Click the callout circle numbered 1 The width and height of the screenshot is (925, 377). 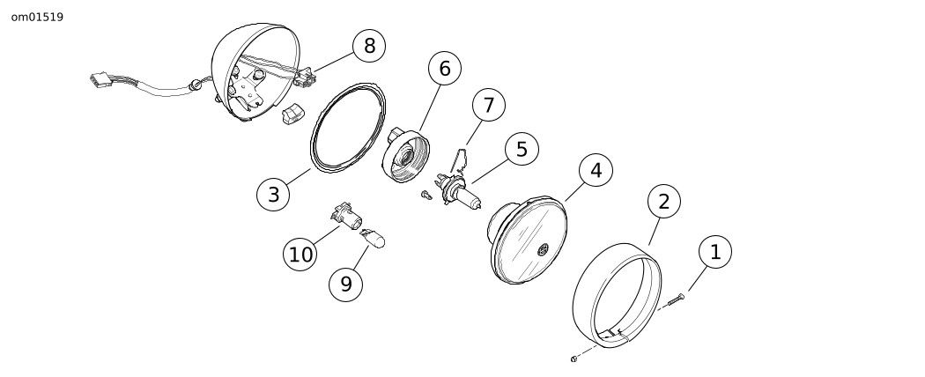point(714,252)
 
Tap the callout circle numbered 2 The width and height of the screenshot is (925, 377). point(663,201)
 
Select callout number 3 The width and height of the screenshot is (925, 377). point(273,194)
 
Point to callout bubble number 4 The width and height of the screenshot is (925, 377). point(596,171)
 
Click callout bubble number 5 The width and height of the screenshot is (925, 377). point(522,150)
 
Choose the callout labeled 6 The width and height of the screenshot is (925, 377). point(444,69)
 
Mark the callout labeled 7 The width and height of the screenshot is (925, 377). point(488,105)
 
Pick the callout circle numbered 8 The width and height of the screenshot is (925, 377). point(369,46)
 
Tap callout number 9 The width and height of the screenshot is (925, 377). point(345,283)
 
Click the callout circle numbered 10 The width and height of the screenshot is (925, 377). point(301,255)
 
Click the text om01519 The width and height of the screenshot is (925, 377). point(37,17)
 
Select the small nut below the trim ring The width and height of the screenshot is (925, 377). point(573,358)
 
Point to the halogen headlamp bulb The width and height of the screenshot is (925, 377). point(462,193)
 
